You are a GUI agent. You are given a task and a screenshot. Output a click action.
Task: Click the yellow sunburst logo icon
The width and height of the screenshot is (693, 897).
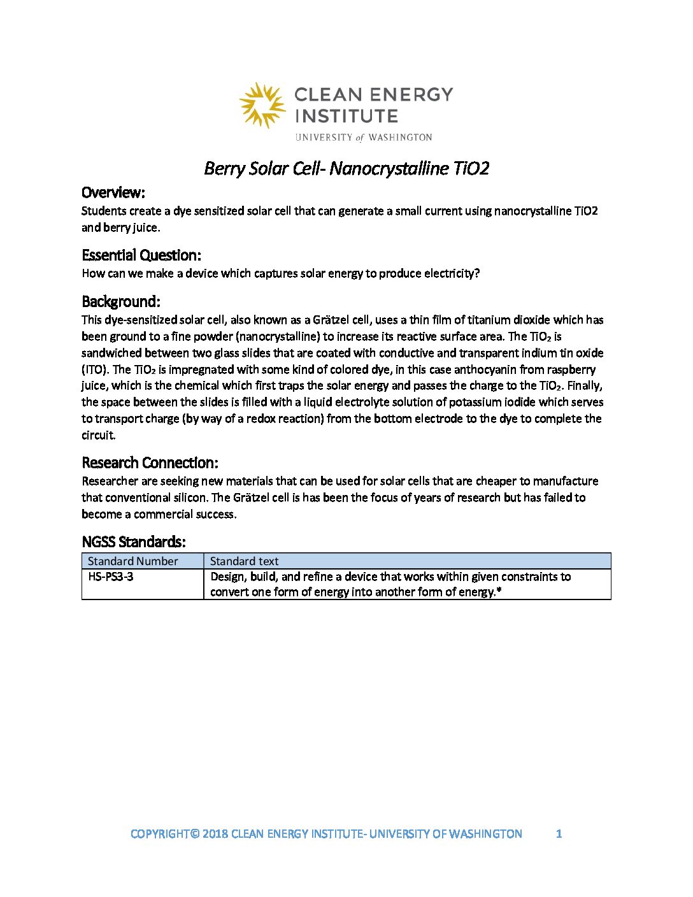click(262, 104)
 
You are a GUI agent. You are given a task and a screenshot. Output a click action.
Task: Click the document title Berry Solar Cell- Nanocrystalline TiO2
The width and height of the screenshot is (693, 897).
click(346, 168)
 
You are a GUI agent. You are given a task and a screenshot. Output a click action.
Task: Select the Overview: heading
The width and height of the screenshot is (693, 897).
click(113, 192)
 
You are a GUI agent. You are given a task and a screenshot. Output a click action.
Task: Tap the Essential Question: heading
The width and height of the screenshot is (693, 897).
click(141, 255)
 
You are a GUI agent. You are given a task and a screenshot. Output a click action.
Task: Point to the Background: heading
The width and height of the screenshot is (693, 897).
click(121, 301)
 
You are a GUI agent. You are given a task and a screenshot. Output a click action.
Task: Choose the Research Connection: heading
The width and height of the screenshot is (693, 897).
click(150, 463)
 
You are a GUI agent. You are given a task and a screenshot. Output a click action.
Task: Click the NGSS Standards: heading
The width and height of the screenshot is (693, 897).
click(134, 542)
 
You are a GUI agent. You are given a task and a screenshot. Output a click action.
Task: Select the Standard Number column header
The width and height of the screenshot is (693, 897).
click(132, 561)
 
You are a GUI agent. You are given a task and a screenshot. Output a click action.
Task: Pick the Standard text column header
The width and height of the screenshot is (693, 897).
click(244, 561)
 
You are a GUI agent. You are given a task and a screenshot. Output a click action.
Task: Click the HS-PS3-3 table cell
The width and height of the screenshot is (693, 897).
click(111, 577)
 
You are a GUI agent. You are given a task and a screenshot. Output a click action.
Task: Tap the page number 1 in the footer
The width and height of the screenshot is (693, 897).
click(559, 834)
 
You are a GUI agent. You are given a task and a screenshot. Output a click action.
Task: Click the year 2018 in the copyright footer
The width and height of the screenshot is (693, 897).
click(215, 834)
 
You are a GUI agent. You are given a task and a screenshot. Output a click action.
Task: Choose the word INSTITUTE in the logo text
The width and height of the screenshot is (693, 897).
click(346, 116)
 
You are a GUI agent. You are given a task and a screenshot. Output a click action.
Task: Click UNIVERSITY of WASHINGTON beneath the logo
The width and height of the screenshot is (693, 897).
click(364, 137)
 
